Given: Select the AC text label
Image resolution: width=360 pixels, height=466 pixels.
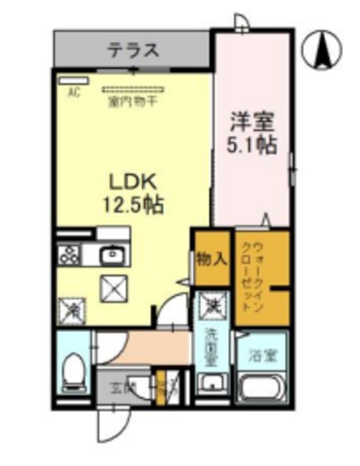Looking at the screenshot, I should [74, 92].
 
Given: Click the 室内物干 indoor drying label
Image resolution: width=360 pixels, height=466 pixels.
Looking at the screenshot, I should [133, 102].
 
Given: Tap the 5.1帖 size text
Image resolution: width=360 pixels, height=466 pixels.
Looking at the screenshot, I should [251, 144].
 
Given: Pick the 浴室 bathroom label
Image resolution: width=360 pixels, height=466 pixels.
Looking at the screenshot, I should [263, 358].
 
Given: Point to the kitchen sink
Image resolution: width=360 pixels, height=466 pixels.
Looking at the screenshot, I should [112, 254].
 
